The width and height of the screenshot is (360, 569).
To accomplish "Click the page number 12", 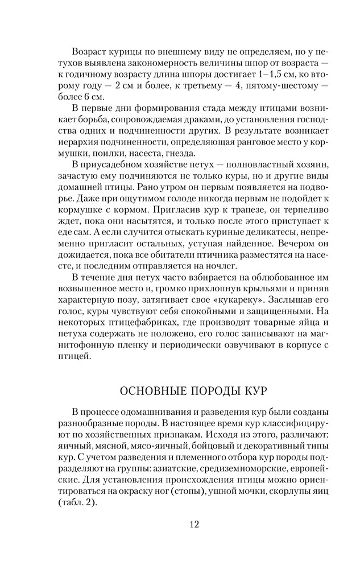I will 194,524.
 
